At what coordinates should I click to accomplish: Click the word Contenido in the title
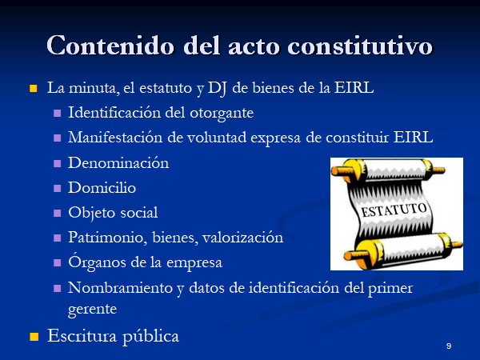pyautogui.click(x=110, y=46)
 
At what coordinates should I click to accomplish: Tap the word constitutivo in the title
pyautogui.click(x=360, y=46)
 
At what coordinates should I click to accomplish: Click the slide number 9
pyautogui.click(x=449, y=346)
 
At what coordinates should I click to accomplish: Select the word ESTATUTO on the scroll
pyautogui.click(x=394, y=210)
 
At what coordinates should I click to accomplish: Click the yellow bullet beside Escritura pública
pyautogui.click(x=34, y=337)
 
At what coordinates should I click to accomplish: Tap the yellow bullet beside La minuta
pyautogui.click(x=33, y=89)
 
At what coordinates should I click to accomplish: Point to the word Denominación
pyautogui.click(x=118, y=162)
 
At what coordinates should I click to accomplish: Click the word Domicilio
pyautogui.click(x=102, y=187)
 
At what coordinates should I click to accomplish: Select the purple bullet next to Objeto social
pyautogui.click(x=58, y=213)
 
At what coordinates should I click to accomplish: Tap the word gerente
pyautogui.click(x=93, y=310)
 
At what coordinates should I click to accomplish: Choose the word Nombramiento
pyautogui.click(x=120, y=288)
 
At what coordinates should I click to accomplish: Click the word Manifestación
pyautogui.click(x=115, y=138)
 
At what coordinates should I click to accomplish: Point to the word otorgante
pyautogui.click(x=222, y=114)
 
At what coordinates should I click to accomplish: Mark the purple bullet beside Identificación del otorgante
pyautogui.click(x=58, y=114)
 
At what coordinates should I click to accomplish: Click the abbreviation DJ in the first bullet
pyautogui.click(x=217, y=89)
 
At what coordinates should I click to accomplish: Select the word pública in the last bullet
pyautogui.click(x=150, y=337)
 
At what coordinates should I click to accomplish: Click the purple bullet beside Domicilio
pyautogui.click(x=58, y=188)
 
